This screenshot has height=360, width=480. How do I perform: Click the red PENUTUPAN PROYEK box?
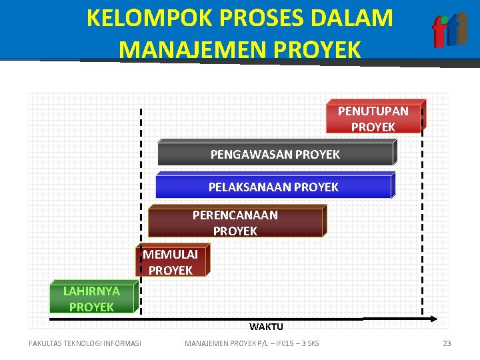click(x=373, y=119)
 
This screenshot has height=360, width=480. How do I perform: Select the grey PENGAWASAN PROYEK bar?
click(x=275, y=154)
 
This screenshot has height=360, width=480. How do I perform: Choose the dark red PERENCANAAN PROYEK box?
click(x=235, y=223)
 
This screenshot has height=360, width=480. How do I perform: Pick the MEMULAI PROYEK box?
click(x=171, y=262)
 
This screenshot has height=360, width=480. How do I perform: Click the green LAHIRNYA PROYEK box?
click(x=92, y=299)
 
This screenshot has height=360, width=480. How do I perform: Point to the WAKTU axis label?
click(x=266, y=327)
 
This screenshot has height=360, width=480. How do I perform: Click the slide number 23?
click(x=447, y=343)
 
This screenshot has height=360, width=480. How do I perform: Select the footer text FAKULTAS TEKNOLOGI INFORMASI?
click(x=85, y=343)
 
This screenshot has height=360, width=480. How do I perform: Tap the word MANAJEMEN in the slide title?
click(x=184, y=49)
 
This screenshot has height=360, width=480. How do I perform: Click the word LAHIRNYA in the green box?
click(x=91, y=291)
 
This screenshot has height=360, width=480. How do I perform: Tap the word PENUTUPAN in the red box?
click(x=373, y=111)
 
